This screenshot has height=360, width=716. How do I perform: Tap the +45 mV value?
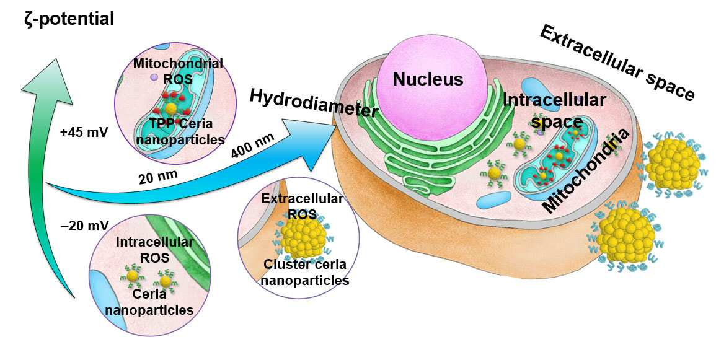coord(84,133)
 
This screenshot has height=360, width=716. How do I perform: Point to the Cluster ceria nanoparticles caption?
coord(305,272)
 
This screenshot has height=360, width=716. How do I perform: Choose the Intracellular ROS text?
coord(154,249)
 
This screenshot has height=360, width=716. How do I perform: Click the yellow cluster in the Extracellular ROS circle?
coord(303,235)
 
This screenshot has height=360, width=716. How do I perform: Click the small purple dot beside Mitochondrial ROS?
coord(154,78)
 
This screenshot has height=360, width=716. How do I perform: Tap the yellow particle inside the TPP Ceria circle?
coord(170,108)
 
